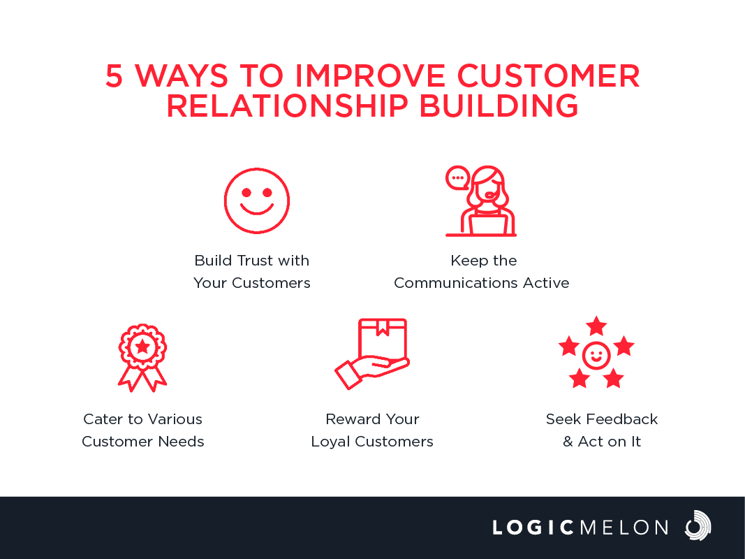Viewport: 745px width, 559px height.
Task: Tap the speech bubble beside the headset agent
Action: [x=457, y=178]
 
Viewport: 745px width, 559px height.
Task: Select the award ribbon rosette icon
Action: [x=142, y=358]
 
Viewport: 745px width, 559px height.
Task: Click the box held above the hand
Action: [x=383, y=338]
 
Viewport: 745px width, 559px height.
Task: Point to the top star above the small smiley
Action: [x=596, y=326]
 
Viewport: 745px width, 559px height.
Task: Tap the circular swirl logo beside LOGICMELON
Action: [x=698, y=525]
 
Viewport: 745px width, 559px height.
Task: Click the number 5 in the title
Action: [x=114, y=76]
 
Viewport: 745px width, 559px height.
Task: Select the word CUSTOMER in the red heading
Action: [x=549, y=76]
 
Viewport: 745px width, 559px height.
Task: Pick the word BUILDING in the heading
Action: [x=499, y=106]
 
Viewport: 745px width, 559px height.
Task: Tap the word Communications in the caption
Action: [x=456, y=283]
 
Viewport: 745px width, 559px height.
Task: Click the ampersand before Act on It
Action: [x=568, y=442]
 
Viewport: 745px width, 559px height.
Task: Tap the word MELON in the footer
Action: [x=624, y=528]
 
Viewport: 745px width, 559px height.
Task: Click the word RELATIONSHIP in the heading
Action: [x=288, y=106]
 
